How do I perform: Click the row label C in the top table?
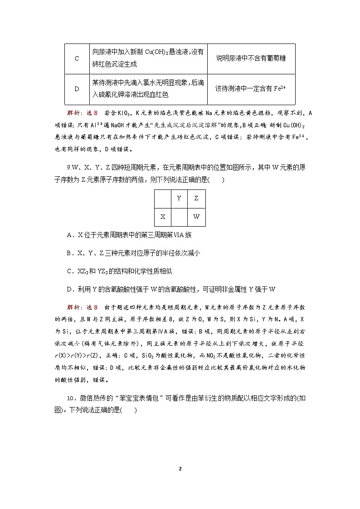[x=77, y=58]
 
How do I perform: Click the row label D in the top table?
[x=77, y=89]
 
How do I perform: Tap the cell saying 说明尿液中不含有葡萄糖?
[x=251, y=58]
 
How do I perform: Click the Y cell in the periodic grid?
[x=179, y=198]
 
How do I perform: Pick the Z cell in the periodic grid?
[x=196, y=198]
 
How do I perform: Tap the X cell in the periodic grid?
[x=163, y=217]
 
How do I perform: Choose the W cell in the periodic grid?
[x=196, y=217]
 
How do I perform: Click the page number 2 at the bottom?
[x=180, y=468]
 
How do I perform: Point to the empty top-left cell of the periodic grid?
[x=163, y=198]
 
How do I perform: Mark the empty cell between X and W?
[x=179, y=217]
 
